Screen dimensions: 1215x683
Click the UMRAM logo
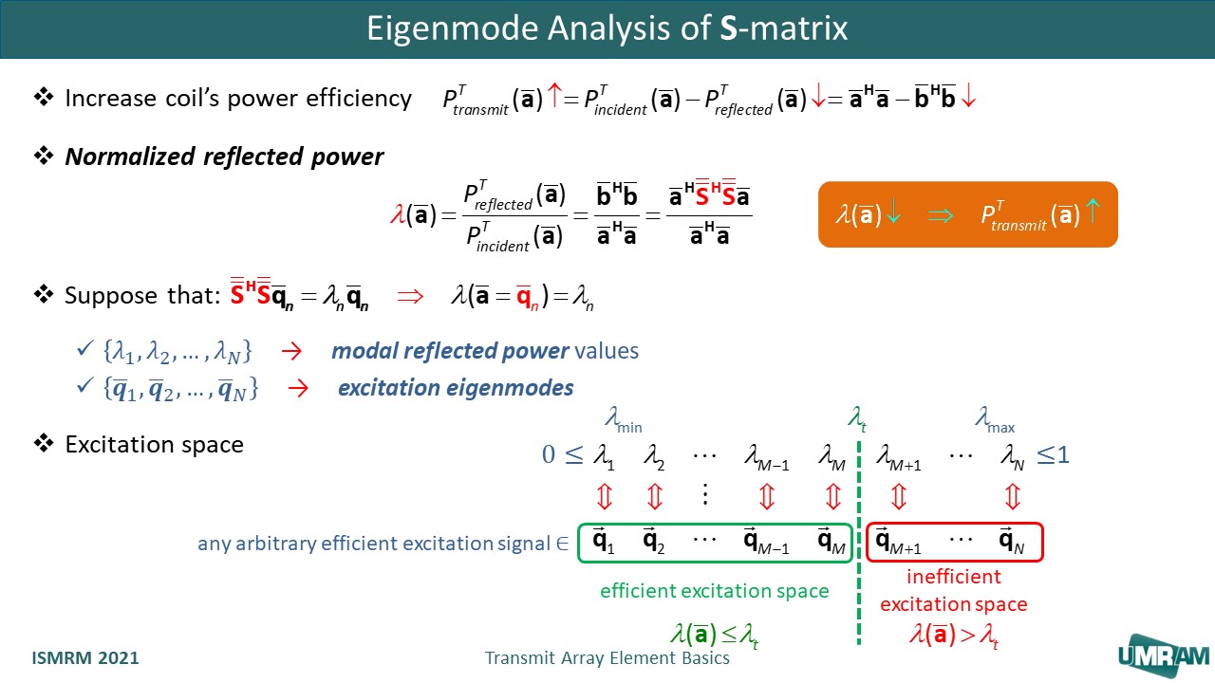(1163, 655)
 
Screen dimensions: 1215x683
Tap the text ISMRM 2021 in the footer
(85, 657)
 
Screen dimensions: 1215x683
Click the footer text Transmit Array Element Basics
(607, 657)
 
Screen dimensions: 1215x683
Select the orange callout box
(967, 214)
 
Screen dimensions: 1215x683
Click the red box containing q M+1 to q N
(955, 541)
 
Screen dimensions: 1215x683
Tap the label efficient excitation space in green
(714, 591)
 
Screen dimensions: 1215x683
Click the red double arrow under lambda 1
(604, 496)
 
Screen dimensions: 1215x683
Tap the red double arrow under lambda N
(1012, 496)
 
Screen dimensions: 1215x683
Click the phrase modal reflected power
(450, 351)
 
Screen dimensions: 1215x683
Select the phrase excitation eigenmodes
(456, 388)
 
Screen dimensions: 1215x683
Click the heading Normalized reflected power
(224, 157)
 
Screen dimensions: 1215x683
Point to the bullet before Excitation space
(44, 443)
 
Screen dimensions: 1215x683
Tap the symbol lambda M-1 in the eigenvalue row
(767, 457)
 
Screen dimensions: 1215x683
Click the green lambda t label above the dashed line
(856, 417)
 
